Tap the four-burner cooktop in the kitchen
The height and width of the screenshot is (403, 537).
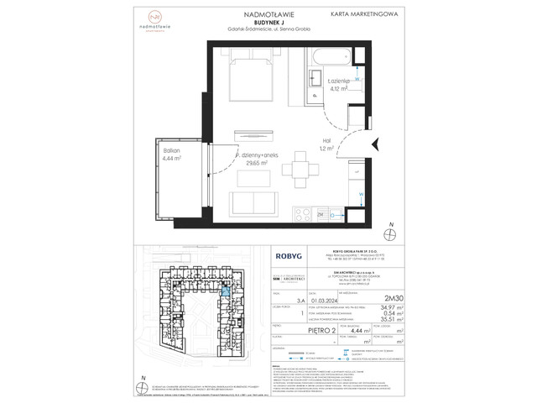click(x=321, y=215)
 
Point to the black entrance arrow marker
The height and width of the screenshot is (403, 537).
click(x=374, y=144)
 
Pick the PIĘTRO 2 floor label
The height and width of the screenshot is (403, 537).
click(x=300, y=332)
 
